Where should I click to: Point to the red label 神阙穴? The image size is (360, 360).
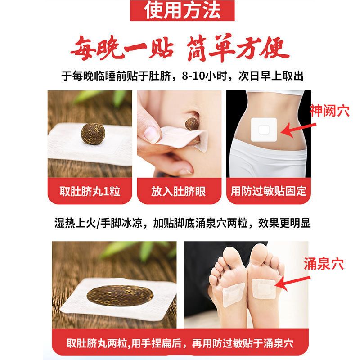pos(330,111)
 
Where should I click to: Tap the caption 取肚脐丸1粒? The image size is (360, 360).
pos(90,191)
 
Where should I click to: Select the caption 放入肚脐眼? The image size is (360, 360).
pos(179,191)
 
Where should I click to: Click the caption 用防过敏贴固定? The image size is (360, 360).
pos(269,191)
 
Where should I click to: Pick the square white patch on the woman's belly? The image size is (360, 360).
pos(262,129)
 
